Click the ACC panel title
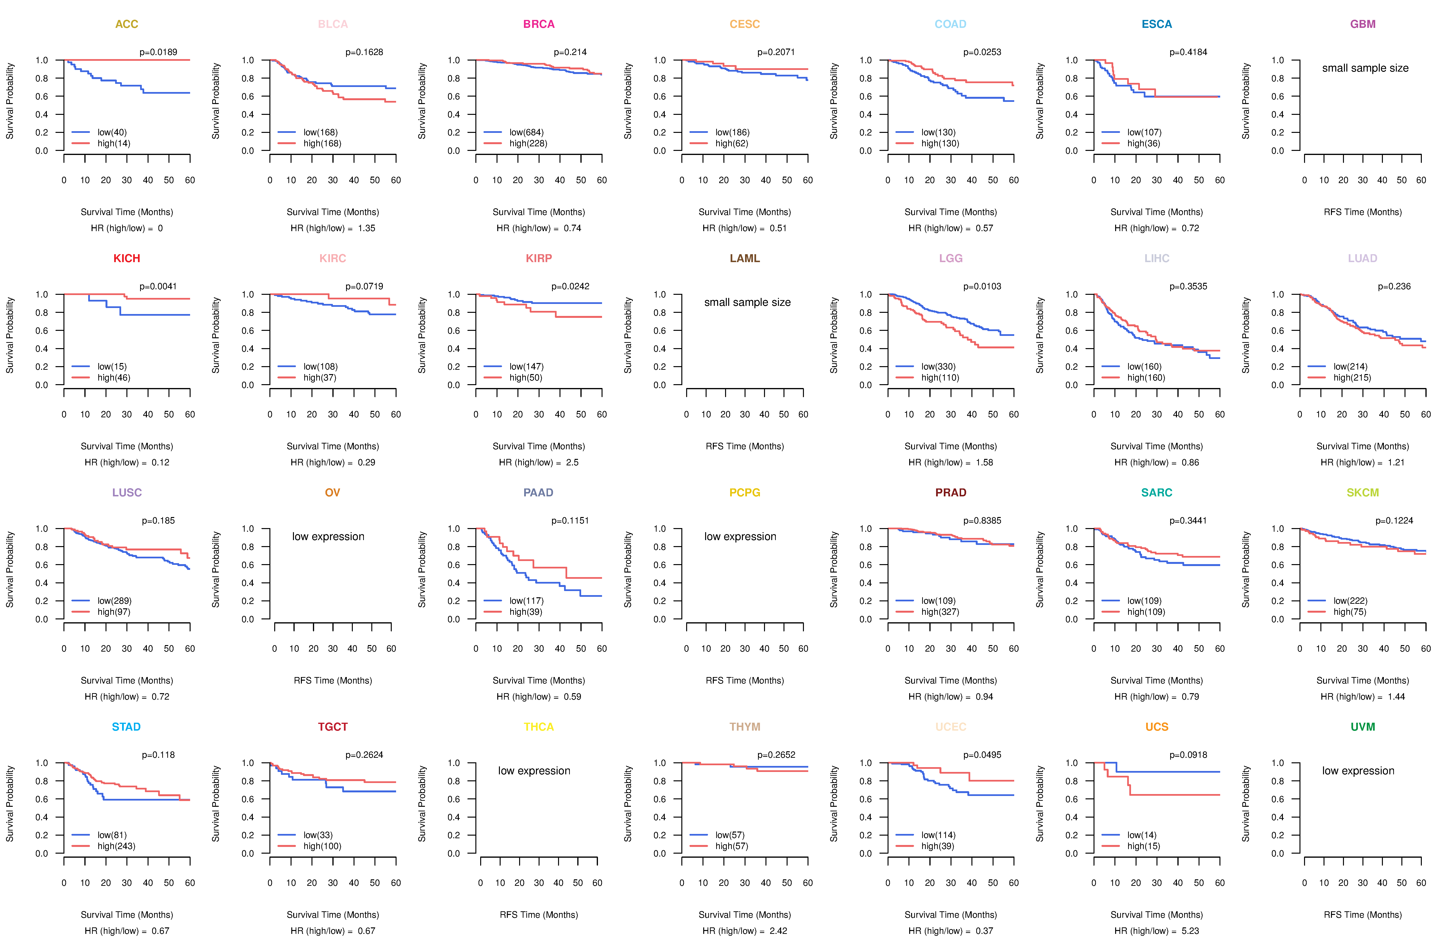click(x=127, y=24)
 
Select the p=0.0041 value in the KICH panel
click(x=158, y=286)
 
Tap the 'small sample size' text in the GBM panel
click(x=1365, y=68)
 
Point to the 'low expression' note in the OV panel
click(x=328, y=537)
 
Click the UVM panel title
click(x=1363, y=727)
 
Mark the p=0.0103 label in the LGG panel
click(x=982, y=286)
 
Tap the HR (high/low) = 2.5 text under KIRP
click(x=539, y=463)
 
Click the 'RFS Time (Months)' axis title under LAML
click(x=745, y=446)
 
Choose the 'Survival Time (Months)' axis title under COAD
click(x=951, y=212)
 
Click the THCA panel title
click(x=539, y=727)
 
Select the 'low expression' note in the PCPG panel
click(x=740, y=537)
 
